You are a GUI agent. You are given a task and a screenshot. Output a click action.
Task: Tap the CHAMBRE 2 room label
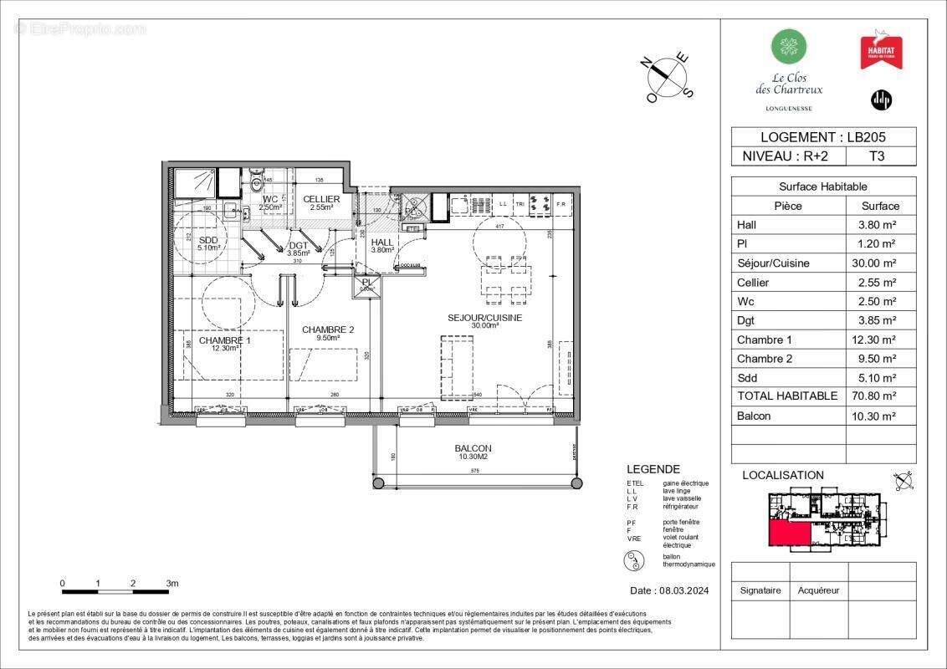coord(328,329)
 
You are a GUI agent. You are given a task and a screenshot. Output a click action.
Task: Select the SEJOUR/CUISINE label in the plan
coord(485,318)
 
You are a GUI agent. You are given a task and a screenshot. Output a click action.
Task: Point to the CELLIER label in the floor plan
coord(321,199)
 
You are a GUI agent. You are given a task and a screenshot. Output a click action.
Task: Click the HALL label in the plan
coord(381,243)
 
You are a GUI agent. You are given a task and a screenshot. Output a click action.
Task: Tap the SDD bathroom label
coord(208,239)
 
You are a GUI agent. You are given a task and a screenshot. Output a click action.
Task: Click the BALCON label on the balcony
coord(473,448)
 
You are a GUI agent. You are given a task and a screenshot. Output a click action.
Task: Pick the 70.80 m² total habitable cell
coord(880,396)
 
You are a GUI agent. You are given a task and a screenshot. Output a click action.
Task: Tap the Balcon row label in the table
coord(754,416)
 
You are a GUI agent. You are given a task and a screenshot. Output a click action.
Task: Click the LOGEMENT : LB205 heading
coord(823,137)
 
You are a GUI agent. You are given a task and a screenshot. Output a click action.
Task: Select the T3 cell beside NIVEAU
coord(878,156)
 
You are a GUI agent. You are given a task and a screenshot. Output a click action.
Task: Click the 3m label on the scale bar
coord(172,583)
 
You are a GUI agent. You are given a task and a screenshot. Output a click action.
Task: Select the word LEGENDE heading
coord(653,469)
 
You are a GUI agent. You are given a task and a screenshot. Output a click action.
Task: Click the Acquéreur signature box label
coord(818,590)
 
